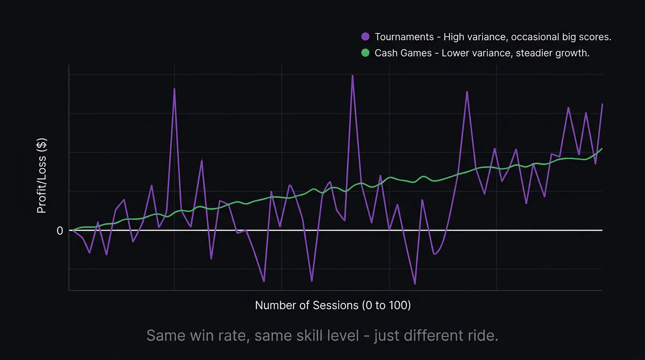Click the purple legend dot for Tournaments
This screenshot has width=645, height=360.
tap(366, 37)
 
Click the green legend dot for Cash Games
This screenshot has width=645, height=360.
tap(366, 53)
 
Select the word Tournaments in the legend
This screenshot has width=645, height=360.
tap(404, 37)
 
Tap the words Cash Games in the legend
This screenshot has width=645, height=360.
tap(403, 53)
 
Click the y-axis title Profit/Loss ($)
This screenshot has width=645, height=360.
tap(42, 177)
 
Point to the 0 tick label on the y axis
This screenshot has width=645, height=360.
tap(60, 231)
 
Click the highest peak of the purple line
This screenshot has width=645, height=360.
tap(352, 75)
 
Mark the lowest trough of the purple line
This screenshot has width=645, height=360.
tap(415, 284)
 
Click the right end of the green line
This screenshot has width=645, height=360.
tap(602, 149)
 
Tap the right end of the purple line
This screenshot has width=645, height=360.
tap(602, 105)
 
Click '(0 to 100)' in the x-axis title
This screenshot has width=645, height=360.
tap(386, 305)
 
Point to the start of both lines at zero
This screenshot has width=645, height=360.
tap(71, 230)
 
